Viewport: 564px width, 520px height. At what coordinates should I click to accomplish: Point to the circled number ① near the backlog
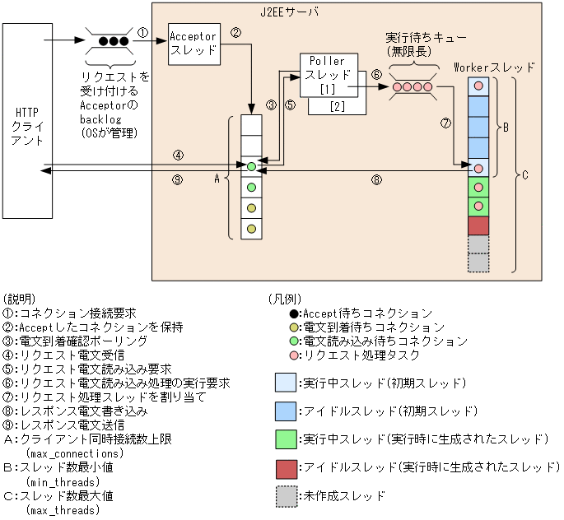pos(142,34)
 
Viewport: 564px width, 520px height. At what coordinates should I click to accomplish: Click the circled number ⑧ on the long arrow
pos(376,179)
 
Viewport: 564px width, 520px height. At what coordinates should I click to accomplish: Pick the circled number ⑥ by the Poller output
pos(376,73)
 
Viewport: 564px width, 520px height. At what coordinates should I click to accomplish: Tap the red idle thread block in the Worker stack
pos(478,225)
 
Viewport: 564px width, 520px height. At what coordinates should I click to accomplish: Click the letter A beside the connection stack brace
pos(217,178)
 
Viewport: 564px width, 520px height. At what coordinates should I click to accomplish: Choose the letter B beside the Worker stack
pos(506,128)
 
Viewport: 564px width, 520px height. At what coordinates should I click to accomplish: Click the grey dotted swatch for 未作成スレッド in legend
pos(286,496)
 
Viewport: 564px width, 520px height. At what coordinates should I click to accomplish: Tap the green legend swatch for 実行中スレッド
pos(286,439)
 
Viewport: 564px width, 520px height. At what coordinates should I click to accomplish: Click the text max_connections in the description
pos(75,453)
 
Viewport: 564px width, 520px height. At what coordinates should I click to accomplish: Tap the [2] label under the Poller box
pos(337,105)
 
